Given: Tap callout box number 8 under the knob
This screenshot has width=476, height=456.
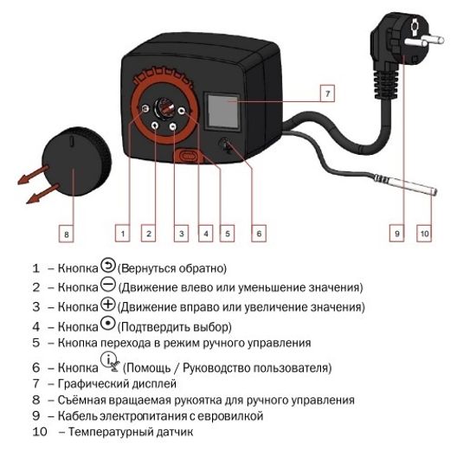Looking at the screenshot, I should pos(66,233).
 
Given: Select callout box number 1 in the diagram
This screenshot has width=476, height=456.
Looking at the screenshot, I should pos(124,233).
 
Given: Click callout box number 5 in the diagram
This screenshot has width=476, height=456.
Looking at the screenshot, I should pos(227,233).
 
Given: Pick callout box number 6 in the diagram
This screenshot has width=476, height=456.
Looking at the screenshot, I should pos(259,233).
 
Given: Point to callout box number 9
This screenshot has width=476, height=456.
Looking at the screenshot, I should pos(397,233).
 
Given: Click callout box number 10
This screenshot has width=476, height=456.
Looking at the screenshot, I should pos(423,233).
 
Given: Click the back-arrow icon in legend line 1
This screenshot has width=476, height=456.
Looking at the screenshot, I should pos(106,266).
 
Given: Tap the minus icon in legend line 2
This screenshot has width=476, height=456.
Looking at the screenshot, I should pos(106,286).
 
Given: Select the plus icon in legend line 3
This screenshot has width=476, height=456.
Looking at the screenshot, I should pos(106,305).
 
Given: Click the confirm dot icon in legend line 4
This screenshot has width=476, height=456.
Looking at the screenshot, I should pos(106,325).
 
